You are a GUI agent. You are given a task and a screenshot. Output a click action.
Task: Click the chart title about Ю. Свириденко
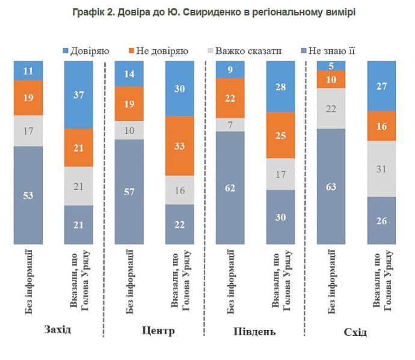coord(208,12)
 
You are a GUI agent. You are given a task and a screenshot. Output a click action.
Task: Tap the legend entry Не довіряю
coord(159,50)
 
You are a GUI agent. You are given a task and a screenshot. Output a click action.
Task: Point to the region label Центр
coord(159,331)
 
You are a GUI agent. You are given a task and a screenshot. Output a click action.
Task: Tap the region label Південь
coord(260,331)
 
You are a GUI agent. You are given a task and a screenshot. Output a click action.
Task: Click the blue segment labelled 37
coord(78,94)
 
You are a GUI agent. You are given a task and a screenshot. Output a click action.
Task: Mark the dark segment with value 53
coord(28,195)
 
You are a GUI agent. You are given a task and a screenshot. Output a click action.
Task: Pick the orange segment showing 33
coord(180,145)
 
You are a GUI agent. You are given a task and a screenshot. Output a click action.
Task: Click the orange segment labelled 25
coord(280,136)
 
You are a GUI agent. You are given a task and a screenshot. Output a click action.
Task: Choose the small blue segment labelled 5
coord(331,66)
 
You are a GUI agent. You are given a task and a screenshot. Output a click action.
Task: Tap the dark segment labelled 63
coord(331,186)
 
